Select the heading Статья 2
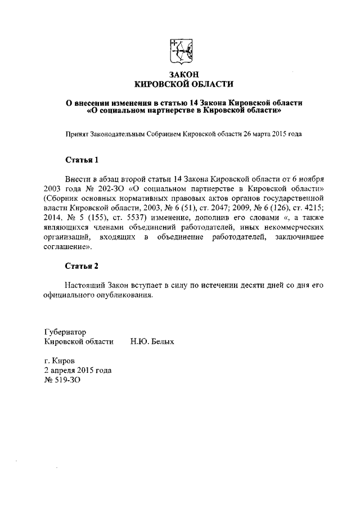click(82, 265)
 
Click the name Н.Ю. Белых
click(152, 341)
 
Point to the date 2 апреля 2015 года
click(78, 370)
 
